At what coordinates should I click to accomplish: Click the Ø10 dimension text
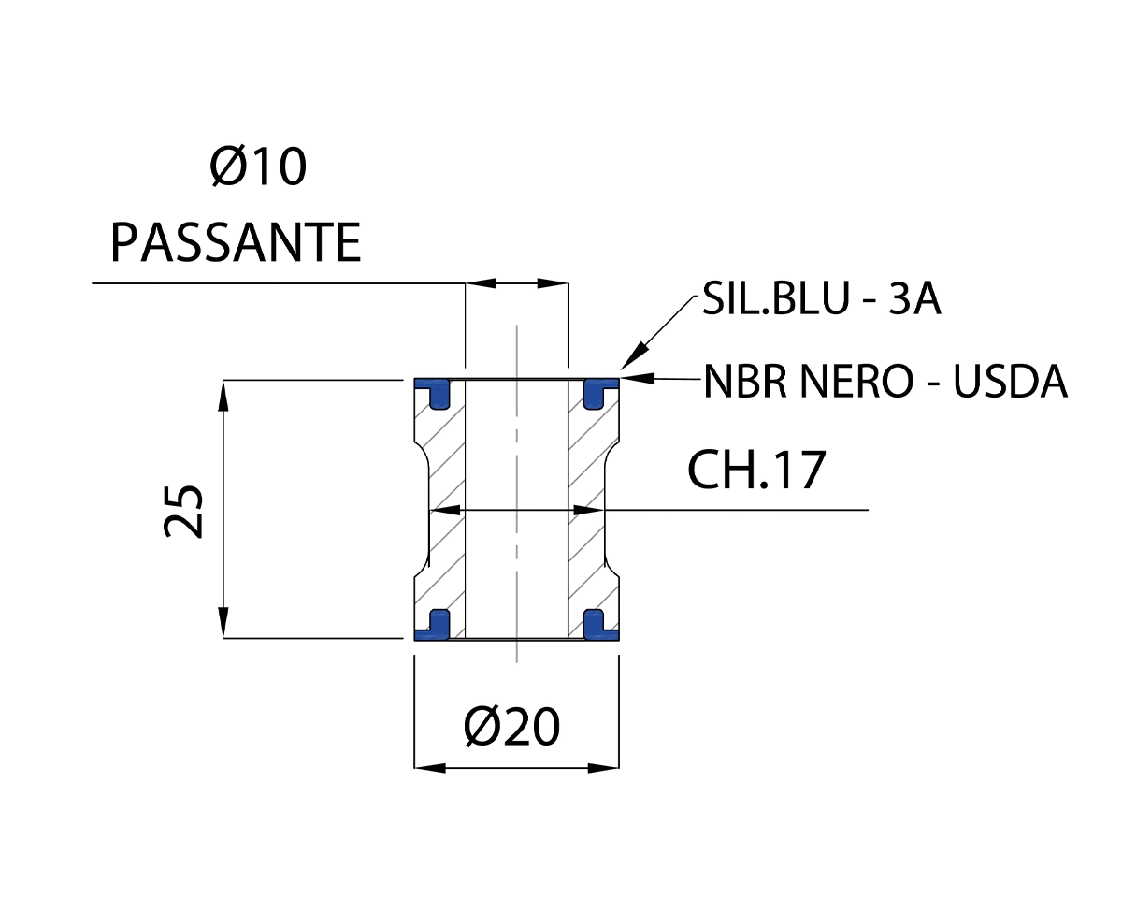pos(259,169)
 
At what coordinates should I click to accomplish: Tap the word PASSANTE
pos(236,243)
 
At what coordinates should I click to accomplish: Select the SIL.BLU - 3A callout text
pos(821,302)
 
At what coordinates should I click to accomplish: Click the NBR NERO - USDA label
pos(885,381)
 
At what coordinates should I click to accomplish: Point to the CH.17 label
pos(756,471)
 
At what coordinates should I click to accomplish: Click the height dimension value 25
pos(185,511)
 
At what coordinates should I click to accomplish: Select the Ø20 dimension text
pos(511,726)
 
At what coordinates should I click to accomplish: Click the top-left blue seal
pos(434,391)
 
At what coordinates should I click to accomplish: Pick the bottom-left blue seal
pos(434,625)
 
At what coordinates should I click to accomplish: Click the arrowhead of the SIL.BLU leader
pos(630,359)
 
